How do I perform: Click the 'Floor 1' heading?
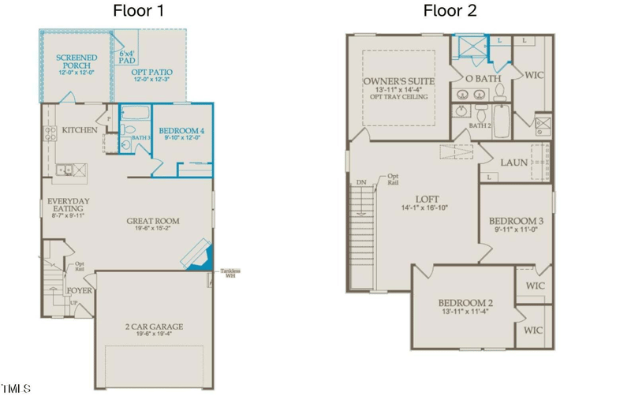pos(139,10)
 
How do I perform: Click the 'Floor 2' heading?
pos(450,10)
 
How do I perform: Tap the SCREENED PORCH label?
pos(77,58)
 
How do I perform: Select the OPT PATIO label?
pos(152,73)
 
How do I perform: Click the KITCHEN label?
pos(80,130)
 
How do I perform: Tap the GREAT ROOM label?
pos(153,222)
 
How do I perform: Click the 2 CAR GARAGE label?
pos(154,327)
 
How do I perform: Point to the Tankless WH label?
pos(230,273)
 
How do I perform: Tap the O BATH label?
pos(484,79)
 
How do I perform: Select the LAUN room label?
pos(513,162)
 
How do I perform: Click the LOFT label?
pos(427,200)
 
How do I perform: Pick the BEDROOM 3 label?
pos(516,221)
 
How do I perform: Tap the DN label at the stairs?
pos(361,182)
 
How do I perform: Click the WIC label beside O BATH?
pos(534,76)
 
